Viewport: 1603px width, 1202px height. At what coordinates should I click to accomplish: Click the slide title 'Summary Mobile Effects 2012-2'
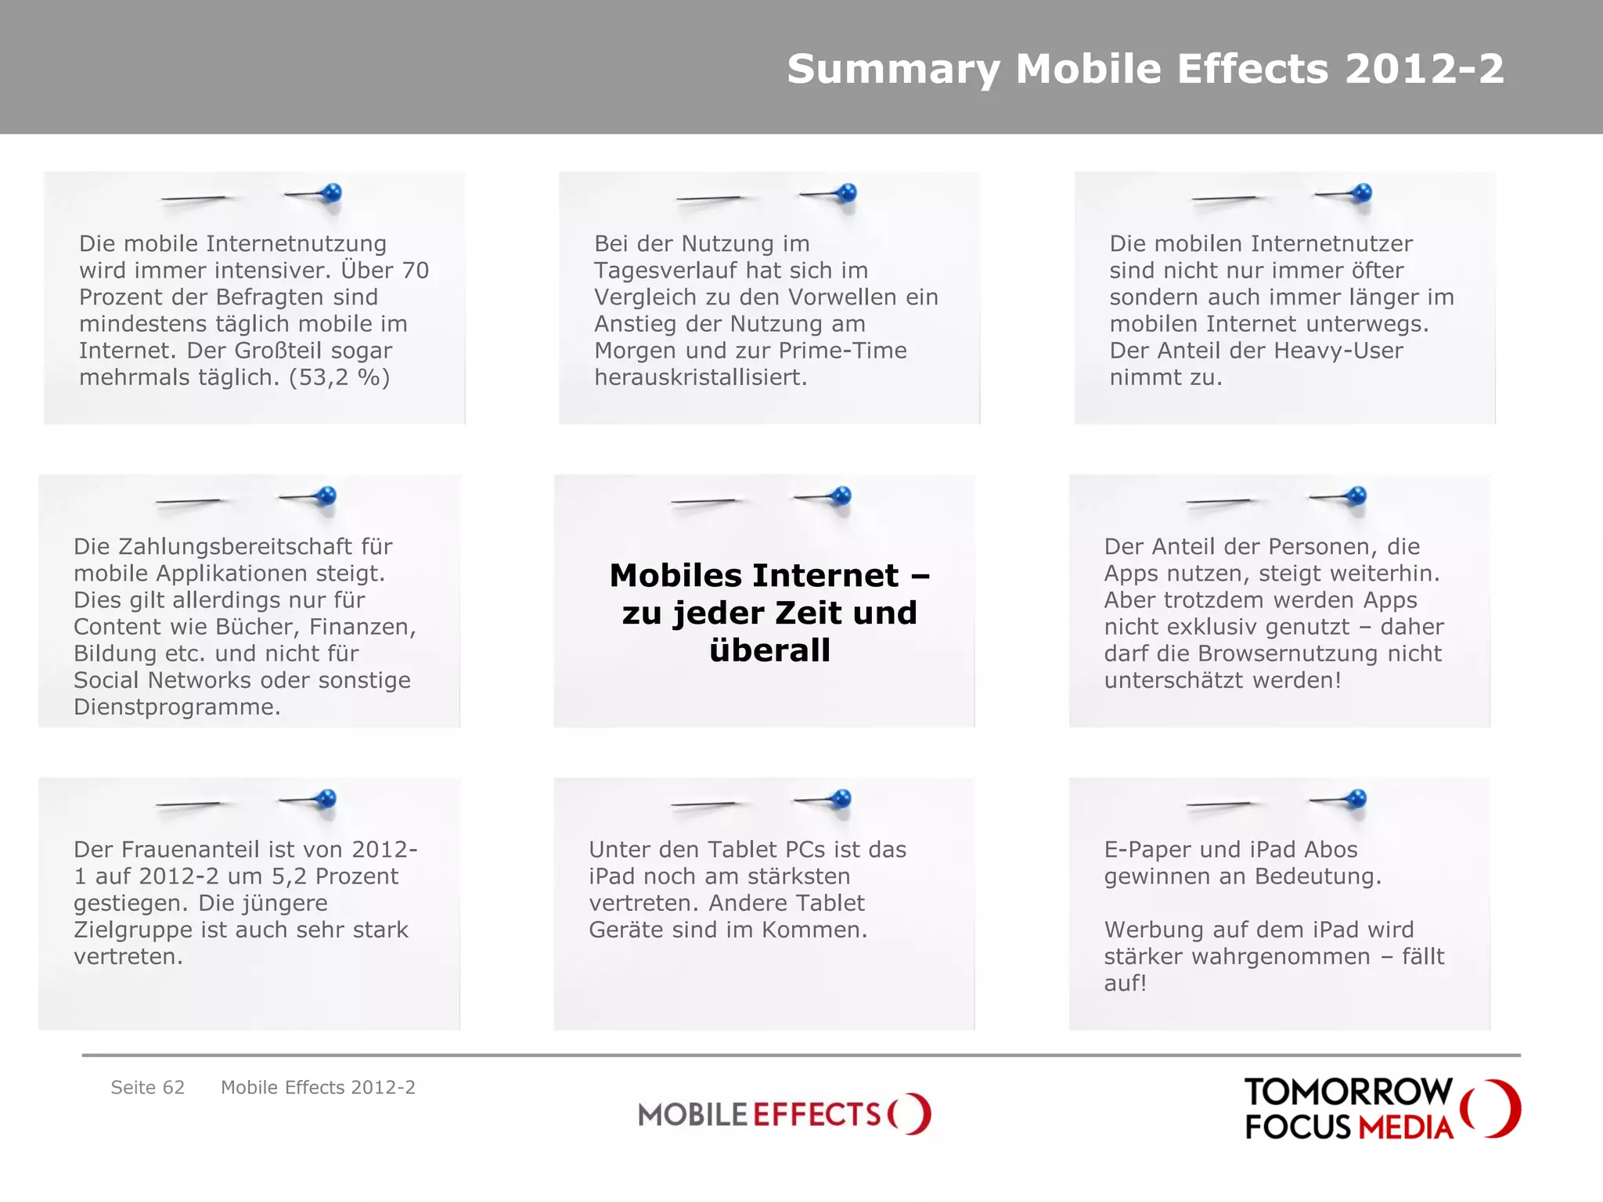pyautogui.click(x=1145, y=69)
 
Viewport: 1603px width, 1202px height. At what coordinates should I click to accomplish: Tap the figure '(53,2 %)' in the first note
pyautogui.click(x=339, y=378)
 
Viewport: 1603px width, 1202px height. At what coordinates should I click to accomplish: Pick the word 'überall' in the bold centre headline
pyautogui.click(x=769, y=650)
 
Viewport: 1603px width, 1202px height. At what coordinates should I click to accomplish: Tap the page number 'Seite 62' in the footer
pyautogui.click(x=147, y=1088)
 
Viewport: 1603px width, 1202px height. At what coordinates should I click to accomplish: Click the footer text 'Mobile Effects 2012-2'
pyautogui.click(x=318, y=1088)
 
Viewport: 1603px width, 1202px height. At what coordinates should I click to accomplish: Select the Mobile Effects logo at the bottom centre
pyautogui.click(x=784, y=1114)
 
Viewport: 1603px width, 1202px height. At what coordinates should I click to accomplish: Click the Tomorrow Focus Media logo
pyautogui.click(x=1381, y=1109)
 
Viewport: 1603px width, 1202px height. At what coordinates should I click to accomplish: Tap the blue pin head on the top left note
pyautogui.click(x=332, y=192)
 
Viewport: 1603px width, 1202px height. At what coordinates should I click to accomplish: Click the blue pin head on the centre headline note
pyautogui.click(x=841, y=495)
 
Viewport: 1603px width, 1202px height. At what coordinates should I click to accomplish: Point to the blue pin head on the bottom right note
pyautogui.click(x=1356, y=798)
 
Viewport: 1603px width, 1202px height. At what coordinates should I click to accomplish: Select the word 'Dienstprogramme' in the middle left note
pyautogui.click(x=176, y=707)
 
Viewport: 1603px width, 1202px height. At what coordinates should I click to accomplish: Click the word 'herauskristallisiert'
pyautogui.click(x=700, y=378)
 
